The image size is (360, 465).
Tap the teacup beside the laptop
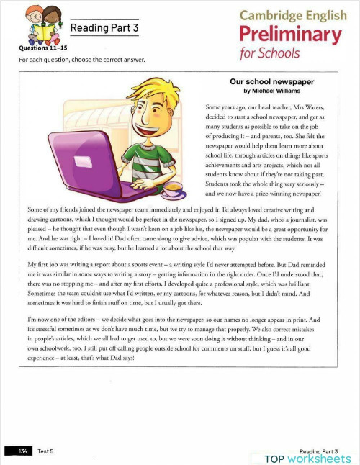173,188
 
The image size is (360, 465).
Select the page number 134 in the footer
22,451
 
